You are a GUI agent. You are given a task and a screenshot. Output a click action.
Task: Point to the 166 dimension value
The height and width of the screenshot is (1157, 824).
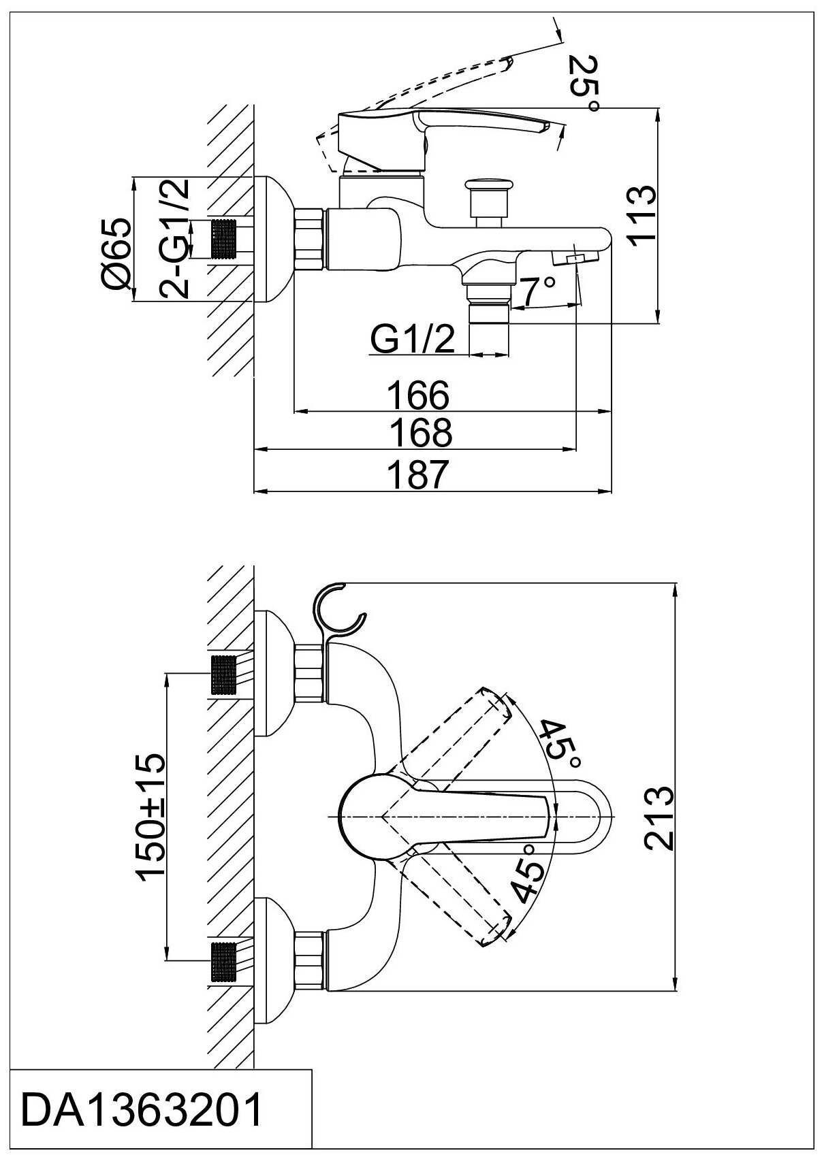pos(419,395)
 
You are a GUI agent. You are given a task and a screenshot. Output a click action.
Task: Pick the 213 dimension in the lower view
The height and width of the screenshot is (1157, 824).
pos(659,818)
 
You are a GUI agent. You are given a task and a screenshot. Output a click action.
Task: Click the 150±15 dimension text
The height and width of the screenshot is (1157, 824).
pos(152,817)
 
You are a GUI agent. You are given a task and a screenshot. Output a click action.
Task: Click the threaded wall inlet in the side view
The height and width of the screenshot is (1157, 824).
pos(225,239)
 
